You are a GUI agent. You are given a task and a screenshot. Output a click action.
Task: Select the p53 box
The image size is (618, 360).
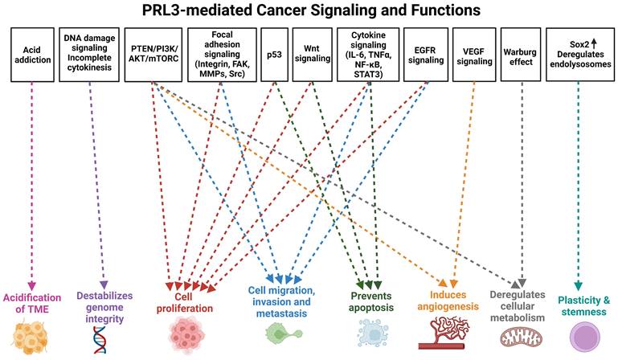(274, 55)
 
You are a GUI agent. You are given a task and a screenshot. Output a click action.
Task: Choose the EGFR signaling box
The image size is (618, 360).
(422, 55)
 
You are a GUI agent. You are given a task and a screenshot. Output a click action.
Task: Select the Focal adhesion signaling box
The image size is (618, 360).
(221, 55)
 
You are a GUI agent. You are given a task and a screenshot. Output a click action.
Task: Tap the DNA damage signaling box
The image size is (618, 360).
(89, 55)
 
